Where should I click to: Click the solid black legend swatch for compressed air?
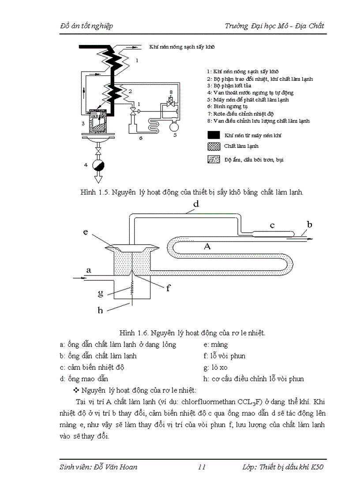pos(214,135)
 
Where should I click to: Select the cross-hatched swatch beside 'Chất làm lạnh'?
pos(214,146)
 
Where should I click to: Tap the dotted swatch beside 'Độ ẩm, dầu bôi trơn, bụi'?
pos(214,160)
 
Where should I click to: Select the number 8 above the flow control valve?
pos(171,92)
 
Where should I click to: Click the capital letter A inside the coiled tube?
pos(206,247)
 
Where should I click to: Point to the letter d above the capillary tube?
pos(196,204)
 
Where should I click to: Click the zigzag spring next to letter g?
pos(131,291)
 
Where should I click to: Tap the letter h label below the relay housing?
pos(100,310)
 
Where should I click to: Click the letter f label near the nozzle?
pos(168,289)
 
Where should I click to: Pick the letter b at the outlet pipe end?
pos(309,225)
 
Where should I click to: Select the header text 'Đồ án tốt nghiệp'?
pos(86,26)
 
